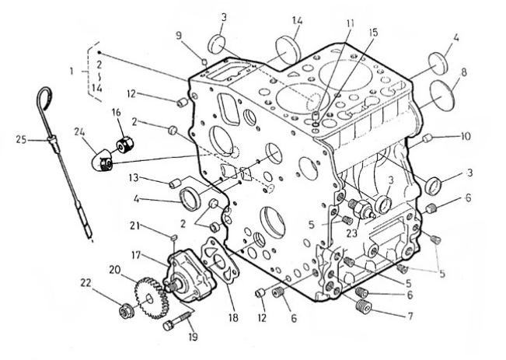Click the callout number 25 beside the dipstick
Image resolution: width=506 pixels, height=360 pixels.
tap(22, 140)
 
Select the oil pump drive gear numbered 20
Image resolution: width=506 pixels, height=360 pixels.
tap(149, 298)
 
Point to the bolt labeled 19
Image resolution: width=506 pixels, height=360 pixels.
tap(178, 320)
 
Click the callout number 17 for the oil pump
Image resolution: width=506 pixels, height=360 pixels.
tap(136, 255)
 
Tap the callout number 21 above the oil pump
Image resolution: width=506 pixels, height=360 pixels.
tap(135, 225)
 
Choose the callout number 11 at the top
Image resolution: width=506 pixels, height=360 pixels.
tap(350, 23)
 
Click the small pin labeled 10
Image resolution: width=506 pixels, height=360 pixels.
tap(427, 138)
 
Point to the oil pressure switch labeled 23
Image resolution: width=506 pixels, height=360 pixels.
tap(363, 208)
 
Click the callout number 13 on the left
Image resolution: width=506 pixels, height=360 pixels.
tap(134, 177)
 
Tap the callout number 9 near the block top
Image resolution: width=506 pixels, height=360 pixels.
tap(179, 34)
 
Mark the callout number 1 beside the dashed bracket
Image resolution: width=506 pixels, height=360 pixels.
tap(72, 71)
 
